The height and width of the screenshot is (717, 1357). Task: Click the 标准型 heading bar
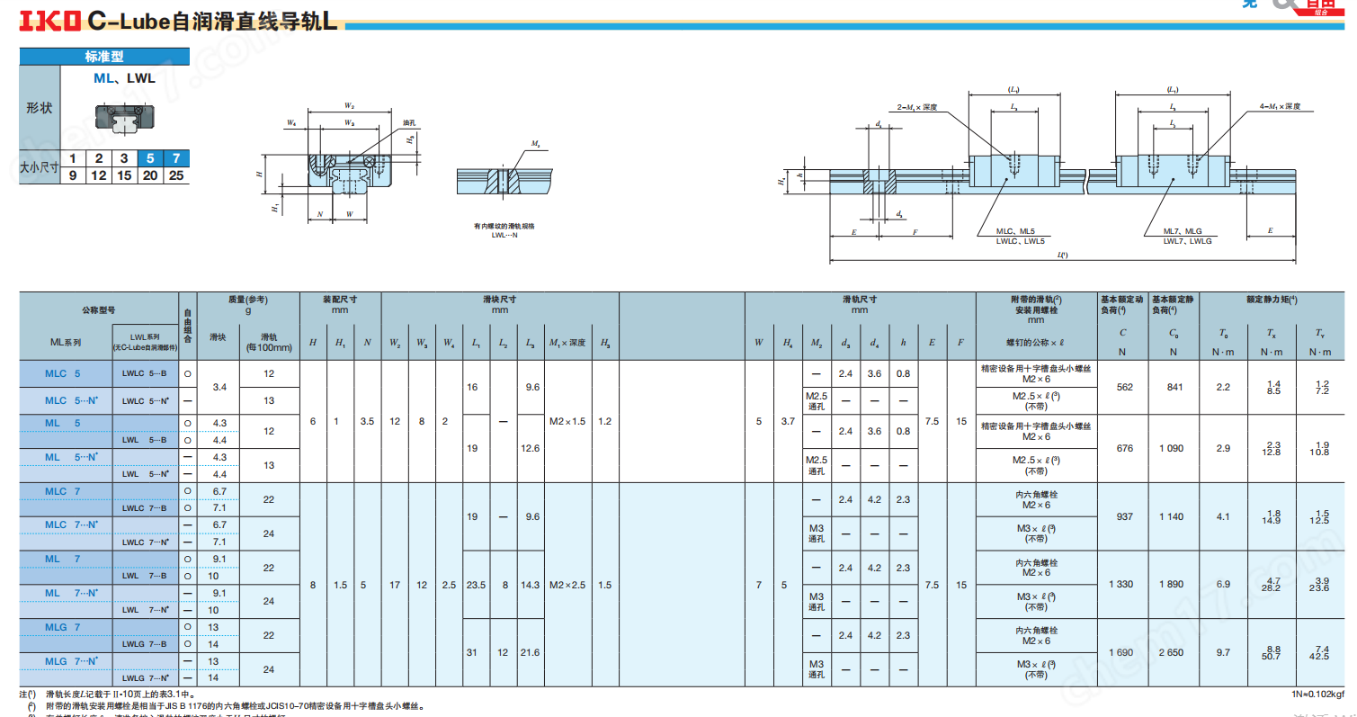click(x=104, y=56)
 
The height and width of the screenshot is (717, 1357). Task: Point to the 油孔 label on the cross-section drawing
click(x=409, y=122)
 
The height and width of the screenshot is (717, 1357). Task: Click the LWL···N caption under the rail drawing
click(x=504, y=234)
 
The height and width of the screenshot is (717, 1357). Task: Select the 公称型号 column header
click(x=99, y=309)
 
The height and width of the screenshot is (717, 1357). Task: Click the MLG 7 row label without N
click(x=63, y=626)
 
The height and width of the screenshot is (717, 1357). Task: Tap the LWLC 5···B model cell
click(x=145, y=372)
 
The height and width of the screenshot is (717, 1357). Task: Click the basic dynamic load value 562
click(x=1124, y=387)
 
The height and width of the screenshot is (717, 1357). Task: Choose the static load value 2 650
click(x=1171, y=652)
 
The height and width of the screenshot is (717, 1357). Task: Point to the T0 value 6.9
click(x=1223, y=585)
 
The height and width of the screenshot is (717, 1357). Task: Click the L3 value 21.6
click(x=531, y=652)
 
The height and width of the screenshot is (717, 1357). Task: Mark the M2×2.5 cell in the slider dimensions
click(x=567, y=585)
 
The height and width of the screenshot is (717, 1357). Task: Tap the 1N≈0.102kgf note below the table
click(x=1317, y=694)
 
